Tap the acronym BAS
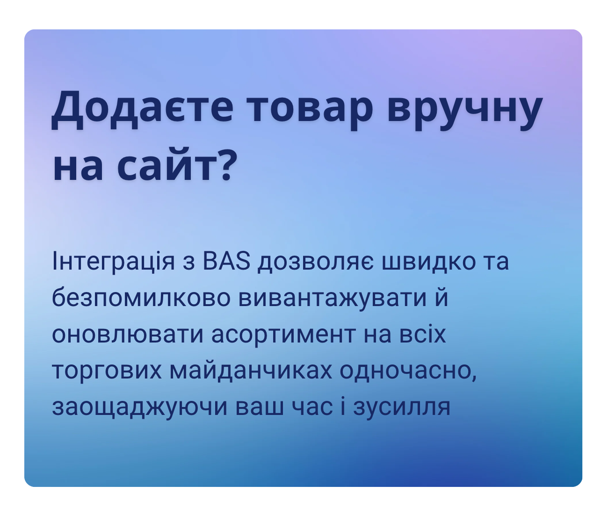226,262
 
